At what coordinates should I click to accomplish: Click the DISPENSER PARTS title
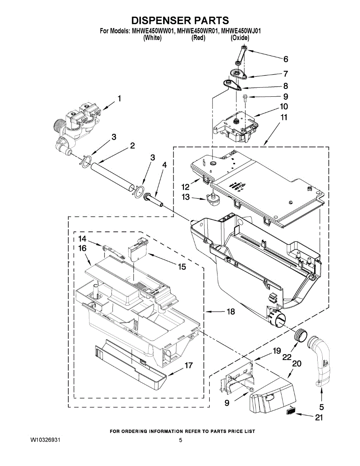(x=179, y=20)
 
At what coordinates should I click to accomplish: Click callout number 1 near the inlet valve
(x=120, y=99)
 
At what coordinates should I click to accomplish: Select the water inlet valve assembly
(x=78, y=124)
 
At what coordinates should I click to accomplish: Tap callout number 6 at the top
(x=286, y=59)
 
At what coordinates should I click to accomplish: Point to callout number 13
(x=186, y=197)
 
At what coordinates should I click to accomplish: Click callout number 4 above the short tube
(x=165, y=165)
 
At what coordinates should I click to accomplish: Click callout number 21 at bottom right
(x=319, y=418)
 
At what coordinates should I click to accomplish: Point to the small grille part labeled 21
(x=292, y=411)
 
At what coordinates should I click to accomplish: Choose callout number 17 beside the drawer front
(x=189, y=366)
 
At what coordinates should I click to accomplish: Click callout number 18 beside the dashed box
(x=231, y=312)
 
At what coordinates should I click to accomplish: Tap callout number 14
(x=83, y=238)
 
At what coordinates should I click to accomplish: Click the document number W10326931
(x=45, y=440)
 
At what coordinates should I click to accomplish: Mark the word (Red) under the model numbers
(x=198, y=38)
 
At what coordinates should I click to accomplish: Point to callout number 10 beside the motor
(x=284, y=106)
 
